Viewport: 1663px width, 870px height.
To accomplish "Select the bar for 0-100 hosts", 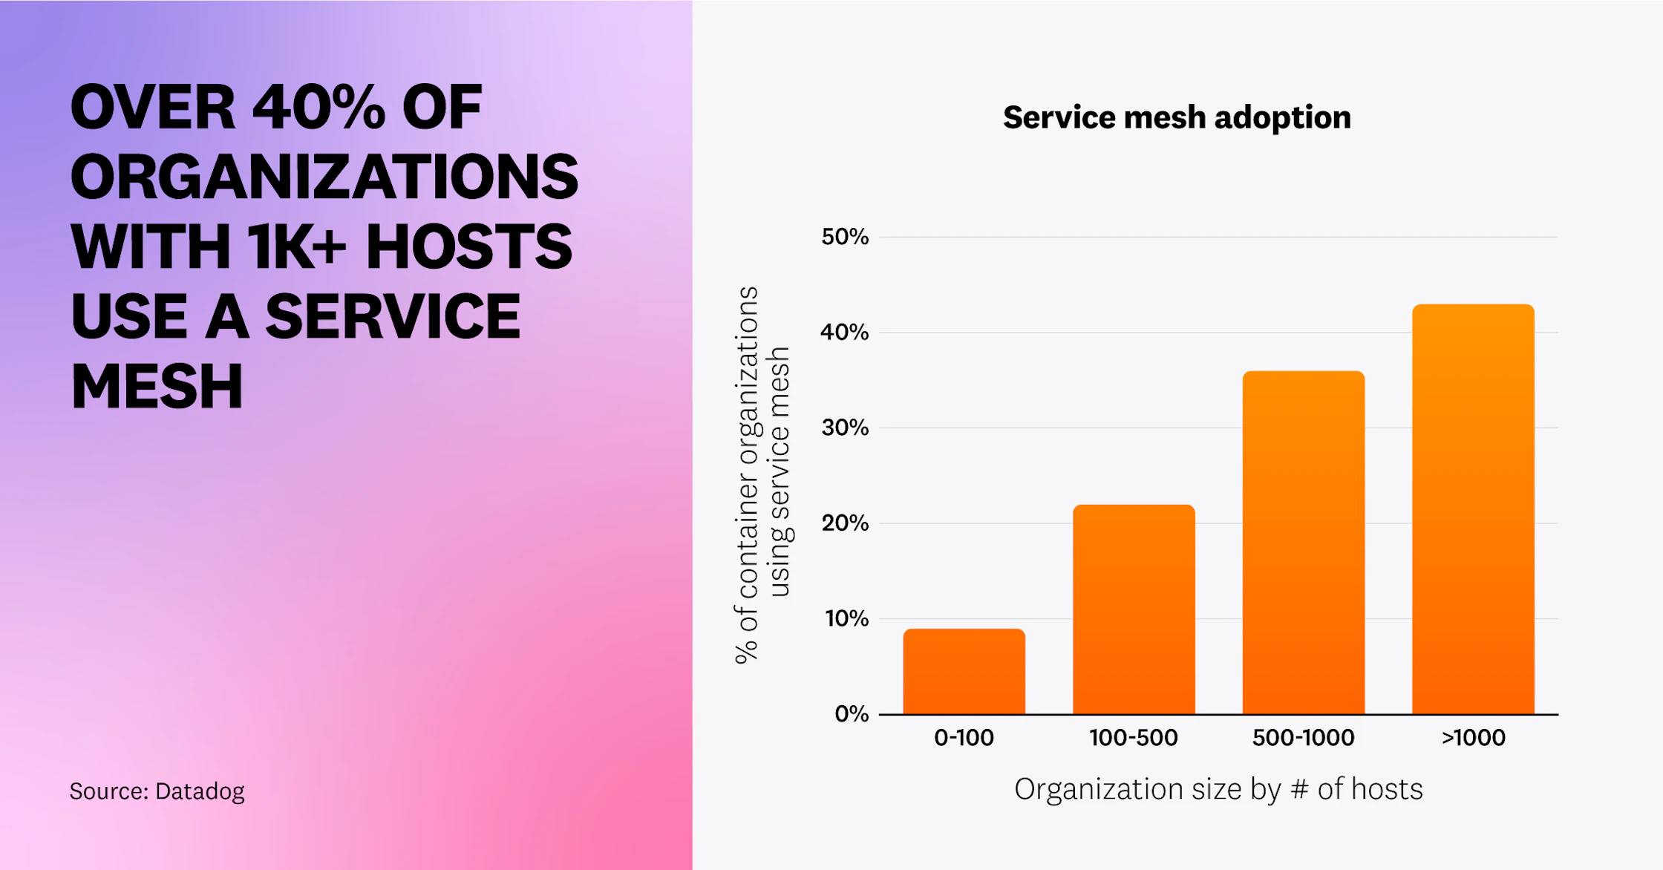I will coord(964,672).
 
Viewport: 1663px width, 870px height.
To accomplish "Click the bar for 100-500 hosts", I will coord(1134,609).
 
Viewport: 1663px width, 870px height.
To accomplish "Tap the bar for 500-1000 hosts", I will coord(1303,543).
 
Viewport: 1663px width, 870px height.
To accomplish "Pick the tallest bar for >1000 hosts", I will coord(1473,509).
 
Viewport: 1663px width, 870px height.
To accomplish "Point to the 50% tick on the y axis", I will coord(844,237).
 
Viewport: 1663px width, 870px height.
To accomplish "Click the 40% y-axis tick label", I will coord(844,332).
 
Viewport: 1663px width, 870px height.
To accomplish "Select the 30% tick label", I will coord(844,428).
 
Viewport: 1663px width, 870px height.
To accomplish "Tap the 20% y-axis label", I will coord(844,523).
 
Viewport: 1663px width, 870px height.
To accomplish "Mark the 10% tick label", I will coord(846,618).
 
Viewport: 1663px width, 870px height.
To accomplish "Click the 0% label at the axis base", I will coord(851,714).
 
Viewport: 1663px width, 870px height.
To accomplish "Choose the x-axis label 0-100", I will coord(964,738).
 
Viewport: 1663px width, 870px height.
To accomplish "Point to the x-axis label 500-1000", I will coord(1303,738).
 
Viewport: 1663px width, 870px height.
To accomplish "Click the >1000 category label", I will coord(1473,738).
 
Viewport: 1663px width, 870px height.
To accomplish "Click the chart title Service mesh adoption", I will coord(1177,117).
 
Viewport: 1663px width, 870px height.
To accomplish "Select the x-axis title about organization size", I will coord(1218,789).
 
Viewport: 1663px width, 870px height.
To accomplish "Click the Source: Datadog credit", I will coord(157,791).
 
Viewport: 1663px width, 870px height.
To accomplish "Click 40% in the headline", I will coord(319,108).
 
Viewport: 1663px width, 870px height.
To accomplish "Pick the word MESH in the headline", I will coord(157,387).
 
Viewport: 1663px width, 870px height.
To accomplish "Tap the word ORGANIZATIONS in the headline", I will coord(324,177).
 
